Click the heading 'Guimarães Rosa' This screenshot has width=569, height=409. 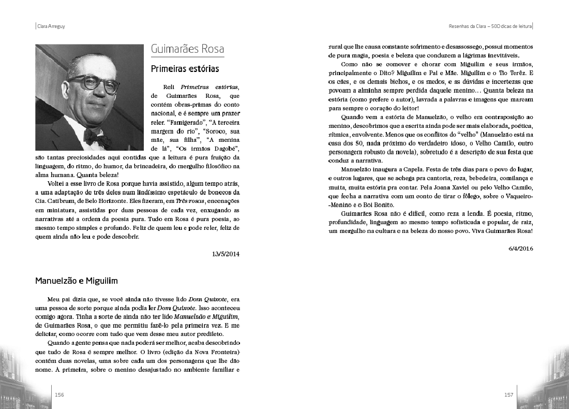coord(187,50)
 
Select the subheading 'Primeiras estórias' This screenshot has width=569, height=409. coord(185,68)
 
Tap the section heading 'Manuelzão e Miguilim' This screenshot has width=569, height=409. coord(77,281)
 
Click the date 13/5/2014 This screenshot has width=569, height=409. coord(226,254)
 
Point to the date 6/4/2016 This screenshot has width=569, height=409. coord(520,248)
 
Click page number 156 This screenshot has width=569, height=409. coord(59,395)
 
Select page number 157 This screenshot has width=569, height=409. coord(508,395)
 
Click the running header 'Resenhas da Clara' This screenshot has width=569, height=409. coord(470,26)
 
